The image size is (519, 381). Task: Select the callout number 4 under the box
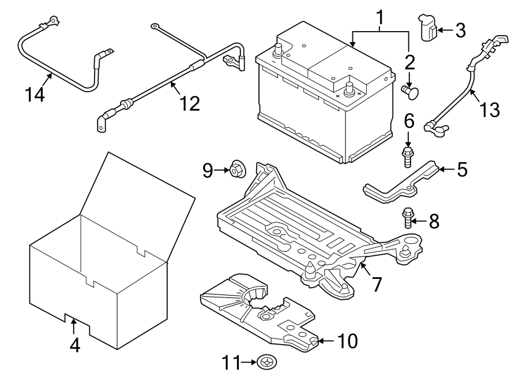point(74,344)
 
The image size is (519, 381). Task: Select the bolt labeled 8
point(408,218)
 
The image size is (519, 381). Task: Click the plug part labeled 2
point(411,90)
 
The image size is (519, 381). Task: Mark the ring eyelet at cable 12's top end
point(155,26)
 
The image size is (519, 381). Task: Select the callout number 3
point(460,30)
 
